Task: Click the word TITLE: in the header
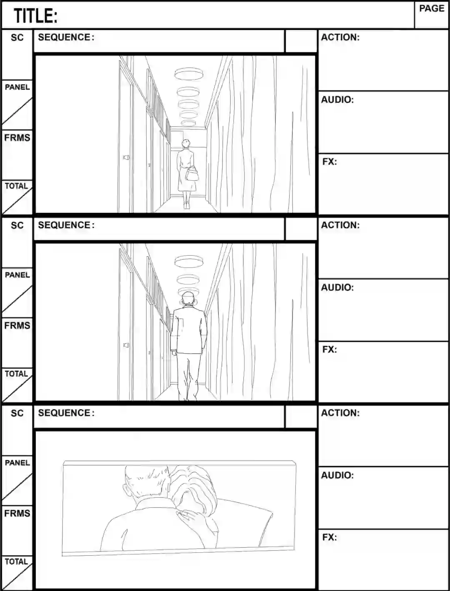point(35,15)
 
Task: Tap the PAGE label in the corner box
point(432,8)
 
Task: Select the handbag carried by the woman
point(192,173)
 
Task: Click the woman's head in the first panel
point(185,144)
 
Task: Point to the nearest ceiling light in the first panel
point(189,74)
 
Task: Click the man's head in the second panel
point(188,299)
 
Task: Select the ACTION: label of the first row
point(340,37)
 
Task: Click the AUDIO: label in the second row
point(337,287)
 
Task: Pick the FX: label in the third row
point(329,537)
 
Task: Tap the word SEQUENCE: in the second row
point(66,225)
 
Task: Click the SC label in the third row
point(17,413)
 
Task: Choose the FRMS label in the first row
point(17,138)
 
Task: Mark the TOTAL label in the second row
point(16,374)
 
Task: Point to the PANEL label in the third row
point(17,463)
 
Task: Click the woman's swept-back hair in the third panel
point(192,485)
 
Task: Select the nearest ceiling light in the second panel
point(189,262)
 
